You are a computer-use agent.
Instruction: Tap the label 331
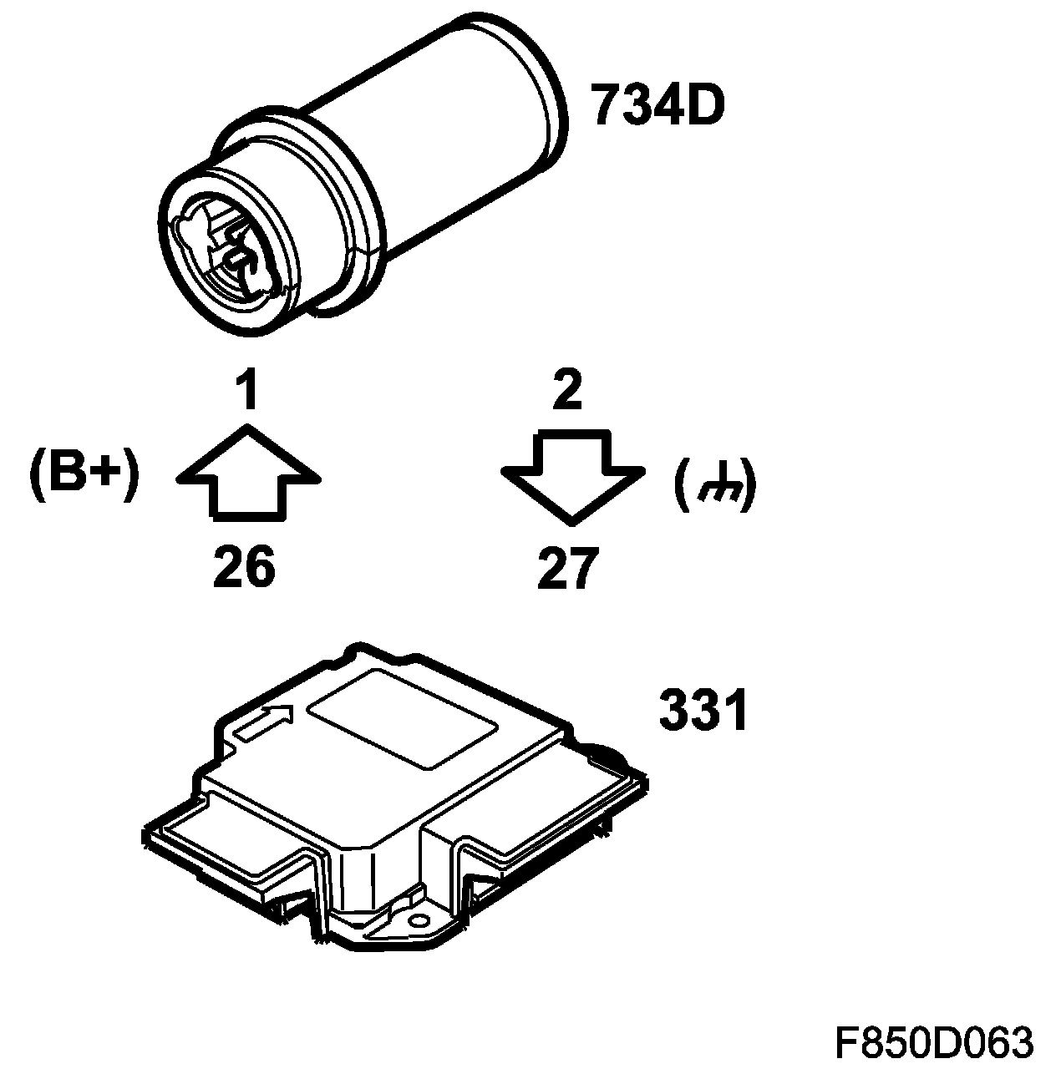pyautogui.click(x=703, y=710)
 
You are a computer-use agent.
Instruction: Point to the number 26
pyautogui.click(x=244, y=568)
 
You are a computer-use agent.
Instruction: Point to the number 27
pyautogui.click(x=568, y=570)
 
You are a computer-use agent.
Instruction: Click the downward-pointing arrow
pyautogui.click(x=572, y=474)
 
